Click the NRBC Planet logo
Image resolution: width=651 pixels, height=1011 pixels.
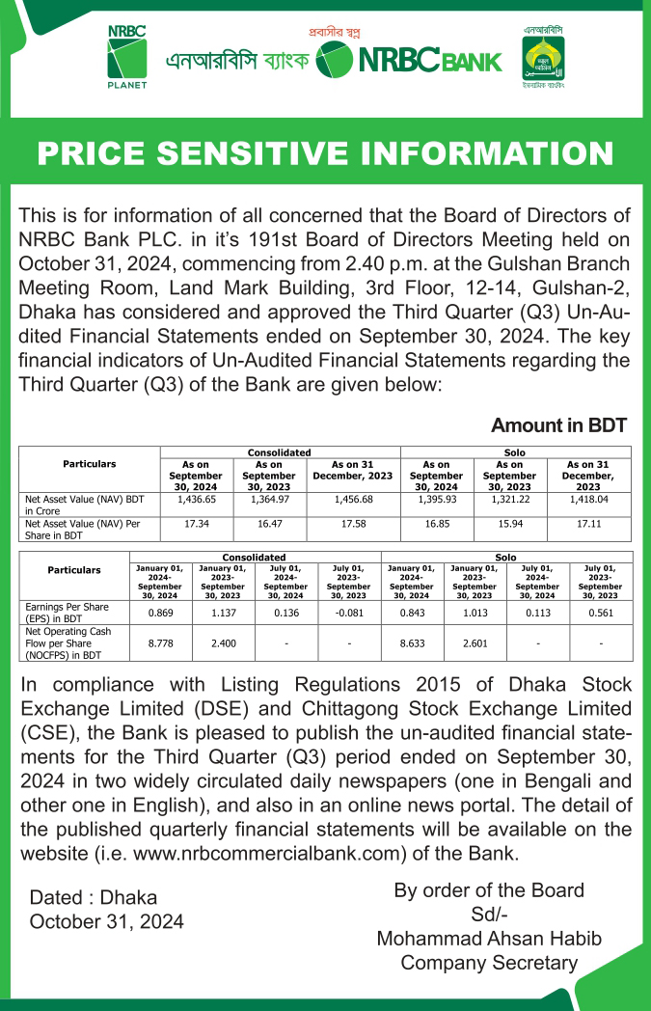126,57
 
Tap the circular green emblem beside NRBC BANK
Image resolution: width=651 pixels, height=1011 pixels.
335,61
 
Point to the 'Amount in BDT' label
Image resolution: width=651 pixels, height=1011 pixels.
558,425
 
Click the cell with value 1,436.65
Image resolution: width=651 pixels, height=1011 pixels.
196,501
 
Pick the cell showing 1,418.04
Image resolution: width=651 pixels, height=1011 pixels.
588,501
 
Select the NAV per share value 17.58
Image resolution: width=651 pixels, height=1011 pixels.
353,523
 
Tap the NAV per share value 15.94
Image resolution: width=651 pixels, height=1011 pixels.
509,523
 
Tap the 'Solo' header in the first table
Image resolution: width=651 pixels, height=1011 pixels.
515,451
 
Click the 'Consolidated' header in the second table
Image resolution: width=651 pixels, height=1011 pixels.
255,557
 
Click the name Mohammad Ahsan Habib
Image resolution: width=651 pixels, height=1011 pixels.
488,938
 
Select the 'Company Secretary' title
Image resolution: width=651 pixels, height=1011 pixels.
488,963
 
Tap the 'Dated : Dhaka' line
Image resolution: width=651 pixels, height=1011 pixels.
94,897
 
